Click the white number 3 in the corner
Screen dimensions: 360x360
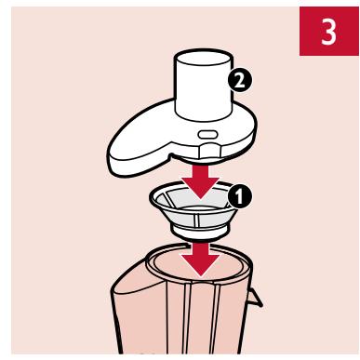tap(328, 32)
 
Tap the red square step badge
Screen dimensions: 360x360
tap(329, 31)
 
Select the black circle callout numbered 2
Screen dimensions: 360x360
tap(240, 81)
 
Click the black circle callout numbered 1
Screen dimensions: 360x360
tap(240, 196)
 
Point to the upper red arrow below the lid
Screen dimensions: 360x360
tap(201, 182)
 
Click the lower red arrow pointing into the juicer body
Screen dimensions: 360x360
tap(201, 260)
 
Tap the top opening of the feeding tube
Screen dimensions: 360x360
tap(204, 58)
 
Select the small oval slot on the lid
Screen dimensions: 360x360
tap(207, 135)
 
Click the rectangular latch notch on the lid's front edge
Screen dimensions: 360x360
tap(208, 151)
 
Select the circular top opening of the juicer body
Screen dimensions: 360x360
tap(198, 263)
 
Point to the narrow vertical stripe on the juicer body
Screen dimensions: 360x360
tap(187, 319)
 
